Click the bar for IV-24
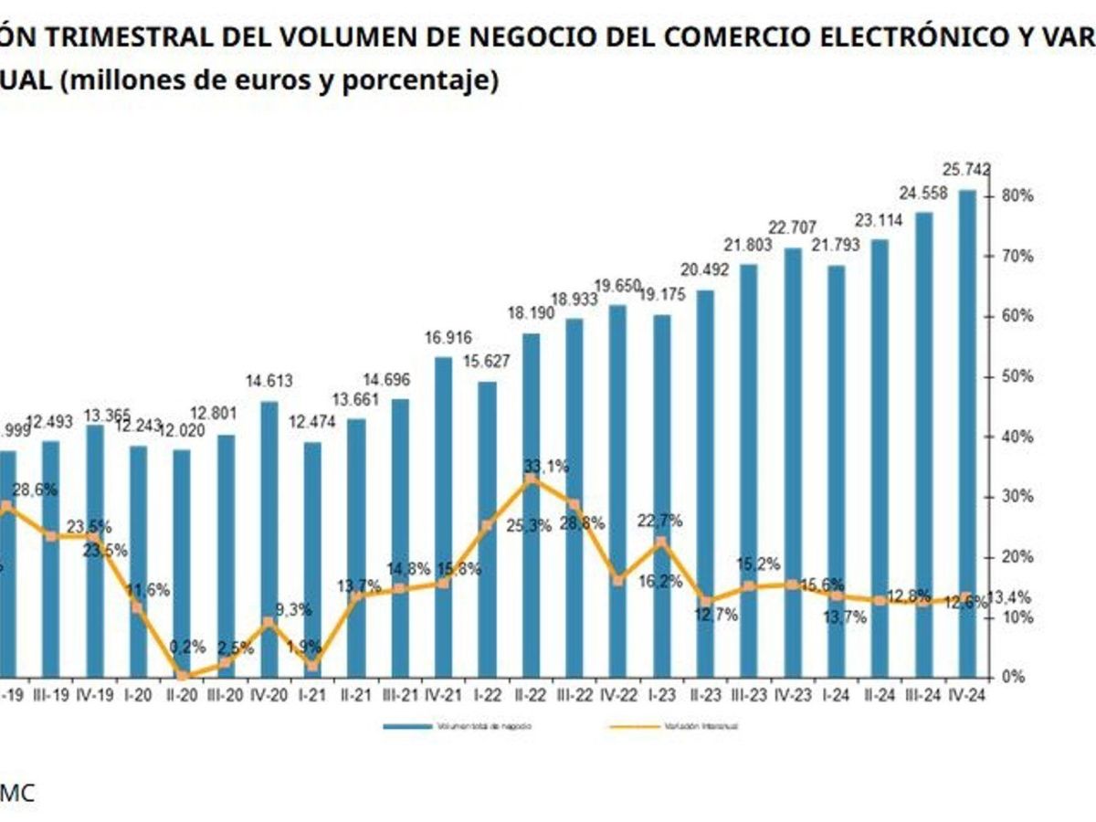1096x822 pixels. coord(968,434)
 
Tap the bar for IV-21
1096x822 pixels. coord(443,516)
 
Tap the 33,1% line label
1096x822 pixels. coord(546,466)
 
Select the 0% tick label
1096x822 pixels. coord(1011,677)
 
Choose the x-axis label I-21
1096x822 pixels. coord(313,695)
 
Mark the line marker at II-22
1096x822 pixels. coord(531,478)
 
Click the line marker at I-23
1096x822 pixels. coord(661,541)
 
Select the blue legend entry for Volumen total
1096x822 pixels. coord(457,726)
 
